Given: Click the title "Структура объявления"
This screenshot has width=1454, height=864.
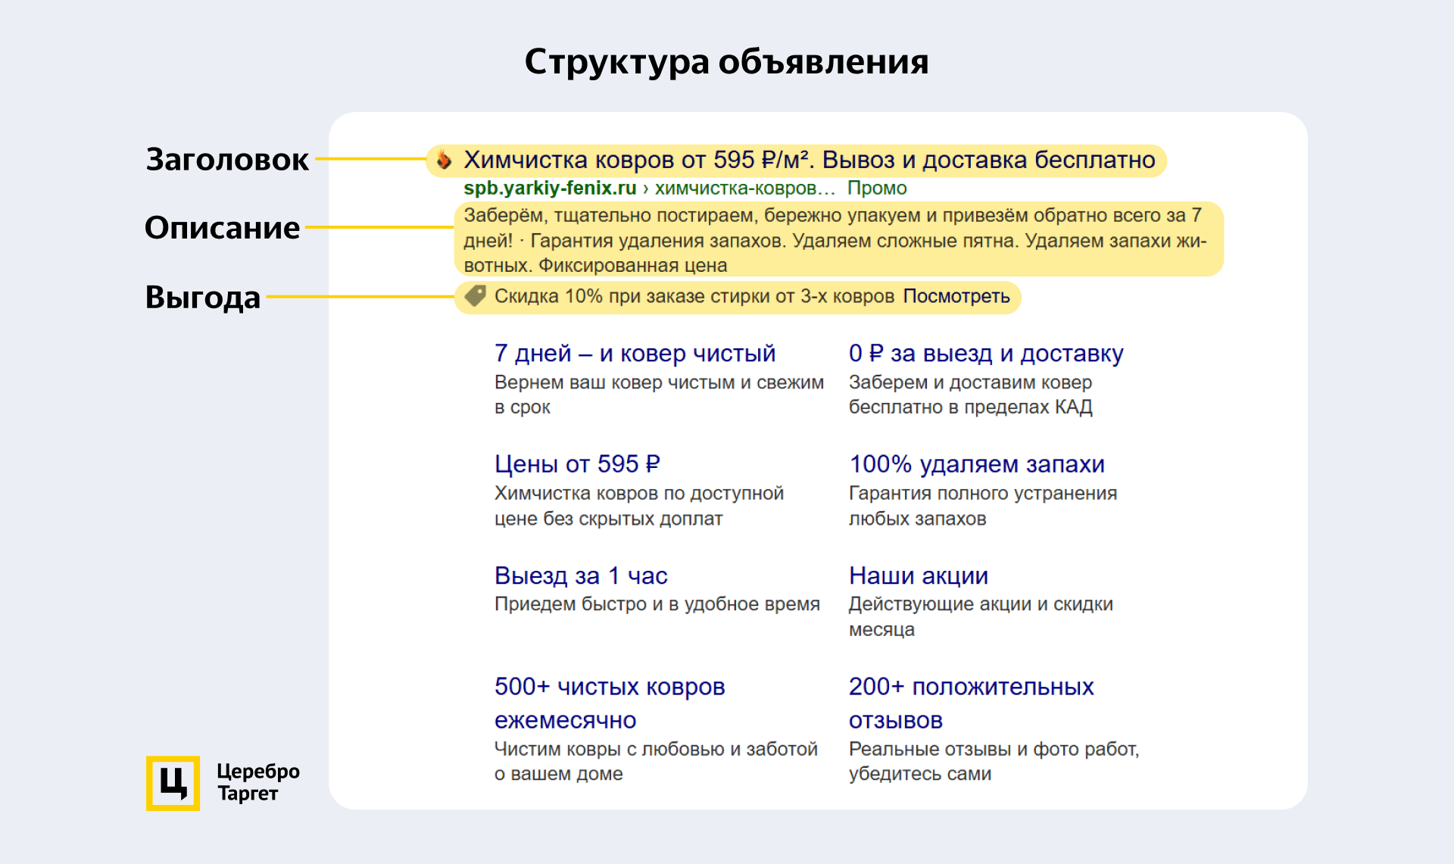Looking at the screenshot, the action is pyautogui.click(x=726, y=61).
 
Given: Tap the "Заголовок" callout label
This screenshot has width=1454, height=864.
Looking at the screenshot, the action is pyautogui.click(x=227, y=159).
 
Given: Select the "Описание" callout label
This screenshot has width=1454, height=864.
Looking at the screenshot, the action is pyautogui.click(x=222, y=228).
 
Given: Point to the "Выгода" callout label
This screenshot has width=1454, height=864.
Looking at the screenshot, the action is pyautogui.click(x=202, y=297).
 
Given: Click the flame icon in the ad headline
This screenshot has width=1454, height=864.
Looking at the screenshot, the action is pyautogui.click(x=445, y=160).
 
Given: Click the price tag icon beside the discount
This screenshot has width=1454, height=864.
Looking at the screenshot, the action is pyautogui.click(x=475, y=296).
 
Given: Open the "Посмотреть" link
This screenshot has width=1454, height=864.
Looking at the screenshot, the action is pyautogui.click(x=956, y=296).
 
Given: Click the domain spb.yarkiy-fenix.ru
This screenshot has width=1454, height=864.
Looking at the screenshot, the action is pyautogui.click(x=550, y=188).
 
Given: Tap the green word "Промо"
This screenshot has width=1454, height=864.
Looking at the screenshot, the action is pyautogui.click(x=877, y=188).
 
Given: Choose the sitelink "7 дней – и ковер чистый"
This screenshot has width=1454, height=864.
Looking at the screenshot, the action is pyautogui.click(x=635, y=353).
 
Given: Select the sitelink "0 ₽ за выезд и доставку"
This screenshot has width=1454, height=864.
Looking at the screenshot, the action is pyautogui.click(x=986, y=353).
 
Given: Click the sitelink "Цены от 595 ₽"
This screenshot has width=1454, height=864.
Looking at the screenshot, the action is pyautogui.click(x=577, y=463).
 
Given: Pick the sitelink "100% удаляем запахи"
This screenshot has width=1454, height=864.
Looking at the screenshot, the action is pyautogui.click(x=977, y=463).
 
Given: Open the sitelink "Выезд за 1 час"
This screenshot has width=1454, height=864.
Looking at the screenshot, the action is pyautogui.click(x=581, y=575).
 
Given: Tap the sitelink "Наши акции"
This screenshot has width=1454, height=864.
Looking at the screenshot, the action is pyautogui.click(x=919, y=575).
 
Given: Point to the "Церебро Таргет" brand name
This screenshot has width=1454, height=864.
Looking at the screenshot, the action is pyautogui.click(x=257, y=782).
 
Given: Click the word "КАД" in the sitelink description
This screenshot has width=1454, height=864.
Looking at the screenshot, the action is pyautogui.click(x=1074, y=407).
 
